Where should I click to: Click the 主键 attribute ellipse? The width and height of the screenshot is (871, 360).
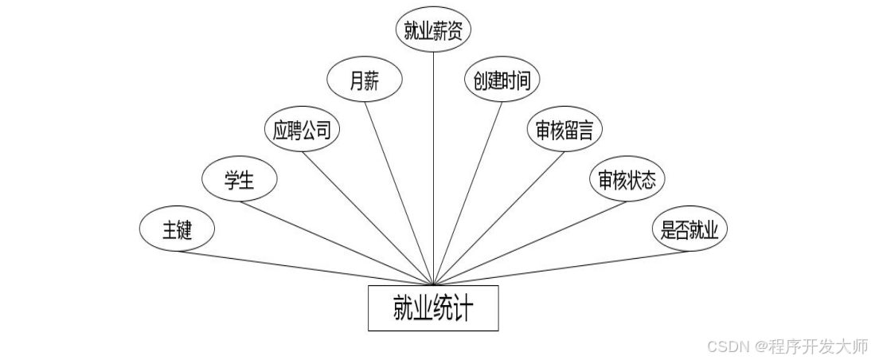click(178, 230)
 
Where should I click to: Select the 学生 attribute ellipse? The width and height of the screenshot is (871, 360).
click(240, 180)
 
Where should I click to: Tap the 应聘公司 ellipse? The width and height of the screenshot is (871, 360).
click(302, 130)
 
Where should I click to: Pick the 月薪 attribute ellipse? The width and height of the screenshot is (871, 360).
click(365, 80)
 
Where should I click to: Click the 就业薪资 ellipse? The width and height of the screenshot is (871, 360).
click(433, 30)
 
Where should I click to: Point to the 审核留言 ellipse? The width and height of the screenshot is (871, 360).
click(564, 130)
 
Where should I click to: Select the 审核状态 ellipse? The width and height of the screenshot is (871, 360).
click(627, 180)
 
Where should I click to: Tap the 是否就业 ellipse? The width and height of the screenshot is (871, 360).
click(689, 230)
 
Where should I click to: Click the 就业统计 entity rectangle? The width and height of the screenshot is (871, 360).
click(433, 307)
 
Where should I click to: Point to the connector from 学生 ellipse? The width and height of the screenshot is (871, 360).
click(334, 241)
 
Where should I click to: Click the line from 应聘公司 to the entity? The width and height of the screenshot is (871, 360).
click(367, 215)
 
